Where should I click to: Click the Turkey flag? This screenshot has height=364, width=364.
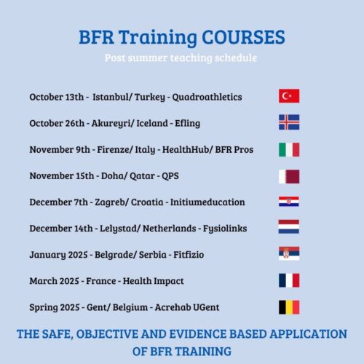click(x=288, y=96)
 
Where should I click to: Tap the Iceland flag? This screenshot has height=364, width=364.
click(x=288, y=122)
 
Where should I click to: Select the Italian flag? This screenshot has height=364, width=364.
click(x=288, y=149)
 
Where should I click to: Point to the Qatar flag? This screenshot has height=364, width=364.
click(x=288, y=175)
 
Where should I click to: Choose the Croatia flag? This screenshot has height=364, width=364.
click(x=288, y=202)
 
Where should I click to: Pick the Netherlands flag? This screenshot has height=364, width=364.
click(x=288, y=228)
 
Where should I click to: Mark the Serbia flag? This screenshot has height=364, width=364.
click(x=288, y=254)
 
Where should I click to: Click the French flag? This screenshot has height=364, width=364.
click(x=288, y=280)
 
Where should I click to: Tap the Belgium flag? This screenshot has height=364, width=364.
click(x=288, y=306)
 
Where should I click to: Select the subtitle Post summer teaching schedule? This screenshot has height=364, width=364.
click(x=182, y=57)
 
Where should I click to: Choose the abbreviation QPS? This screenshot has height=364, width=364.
click(x=170, y=175)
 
